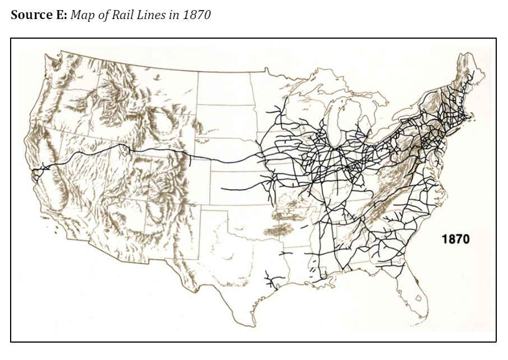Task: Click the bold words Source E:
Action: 39,15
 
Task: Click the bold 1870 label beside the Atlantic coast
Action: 455,239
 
